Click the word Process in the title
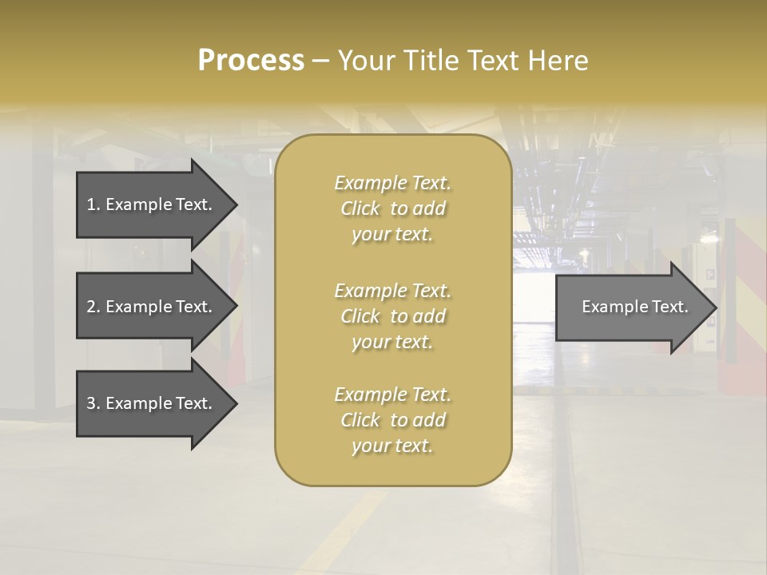[251, 61]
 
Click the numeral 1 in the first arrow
[91, 204]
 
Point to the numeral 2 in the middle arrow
[91, 307]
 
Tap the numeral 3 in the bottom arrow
[91, 403]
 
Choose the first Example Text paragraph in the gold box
[393, 208]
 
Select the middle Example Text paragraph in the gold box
[393, 316]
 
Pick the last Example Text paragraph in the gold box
[393, 420]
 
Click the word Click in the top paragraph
[360, 208]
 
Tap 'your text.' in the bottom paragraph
[391, 446]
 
